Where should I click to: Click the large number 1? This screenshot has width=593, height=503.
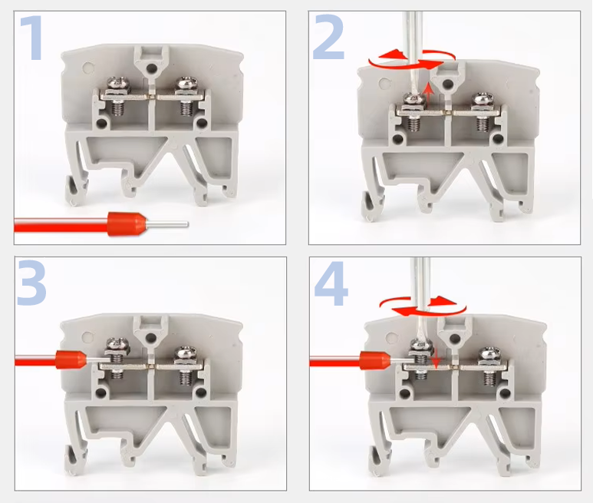tap(32, 38)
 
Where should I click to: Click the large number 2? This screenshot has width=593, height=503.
tap(328, 38)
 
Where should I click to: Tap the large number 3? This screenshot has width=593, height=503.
tap(31, 283)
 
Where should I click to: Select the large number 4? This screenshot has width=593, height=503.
tap(331, 283)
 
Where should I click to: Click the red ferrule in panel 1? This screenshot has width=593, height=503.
tap(127, 223)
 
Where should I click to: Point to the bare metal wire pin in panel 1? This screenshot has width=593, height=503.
tap(167, 224)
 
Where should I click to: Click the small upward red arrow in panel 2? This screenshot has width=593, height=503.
tap(428, 94)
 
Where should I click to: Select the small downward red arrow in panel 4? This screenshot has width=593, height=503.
tap(436, 359)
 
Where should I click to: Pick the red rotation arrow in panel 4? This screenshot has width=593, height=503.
tap(423, 306)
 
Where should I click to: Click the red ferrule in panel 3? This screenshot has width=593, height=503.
tap(71, 359)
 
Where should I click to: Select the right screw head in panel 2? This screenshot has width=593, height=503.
tap(482, 100)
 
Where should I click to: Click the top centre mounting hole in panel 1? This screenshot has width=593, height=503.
tap(152, 68)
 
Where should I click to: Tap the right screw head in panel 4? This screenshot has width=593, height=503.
tap(489, 354)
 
